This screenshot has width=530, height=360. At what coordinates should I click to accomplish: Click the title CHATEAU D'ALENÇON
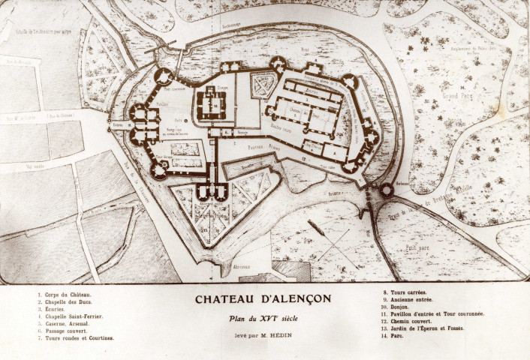(263, 298)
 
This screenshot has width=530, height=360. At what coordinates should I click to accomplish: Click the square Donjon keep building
(212, 103)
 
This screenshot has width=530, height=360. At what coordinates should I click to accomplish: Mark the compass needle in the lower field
(315, 226)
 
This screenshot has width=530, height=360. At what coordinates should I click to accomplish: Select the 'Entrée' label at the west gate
(119, 126)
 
